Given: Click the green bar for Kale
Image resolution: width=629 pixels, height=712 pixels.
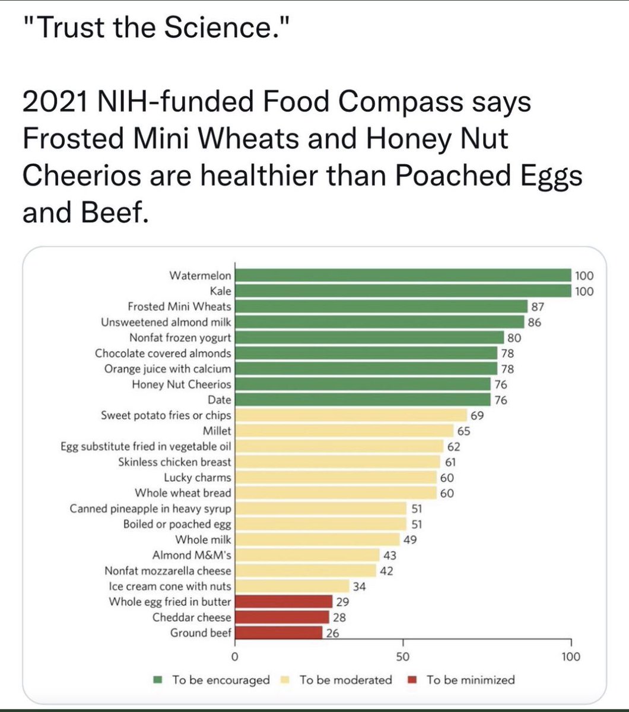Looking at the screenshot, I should (404, 291).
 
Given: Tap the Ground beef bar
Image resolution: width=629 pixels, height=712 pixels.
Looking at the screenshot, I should (279, 632).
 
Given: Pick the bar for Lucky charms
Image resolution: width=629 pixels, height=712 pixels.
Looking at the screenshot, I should (336, 477).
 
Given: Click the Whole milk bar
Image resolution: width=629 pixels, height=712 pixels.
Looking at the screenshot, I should (317, 539).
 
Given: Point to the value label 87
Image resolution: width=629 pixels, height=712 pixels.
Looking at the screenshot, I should (538, 307).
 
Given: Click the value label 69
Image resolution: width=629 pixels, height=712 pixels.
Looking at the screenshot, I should (476, 415).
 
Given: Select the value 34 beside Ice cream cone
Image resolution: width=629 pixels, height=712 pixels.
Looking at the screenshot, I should (359, 586).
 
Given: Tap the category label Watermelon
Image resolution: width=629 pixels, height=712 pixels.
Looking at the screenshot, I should (200, 275).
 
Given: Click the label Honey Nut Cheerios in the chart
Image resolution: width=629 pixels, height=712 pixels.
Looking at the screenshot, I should (181, 384).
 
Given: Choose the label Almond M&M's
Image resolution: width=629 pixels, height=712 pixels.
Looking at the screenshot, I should (192, 555).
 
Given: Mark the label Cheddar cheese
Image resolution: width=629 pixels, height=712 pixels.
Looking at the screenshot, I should (192, 617).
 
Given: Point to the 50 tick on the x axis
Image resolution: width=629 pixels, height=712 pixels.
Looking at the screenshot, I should (403, 657).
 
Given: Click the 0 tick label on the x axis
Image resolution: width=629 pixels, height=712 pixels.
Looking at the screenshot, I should (235, 657).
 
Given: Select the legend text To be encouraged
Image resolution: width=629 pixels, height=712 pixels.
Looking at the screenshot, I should (221, 680).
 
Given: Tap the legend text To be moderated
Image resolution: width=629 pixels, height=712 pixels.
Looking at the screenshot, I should (345, 680).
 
